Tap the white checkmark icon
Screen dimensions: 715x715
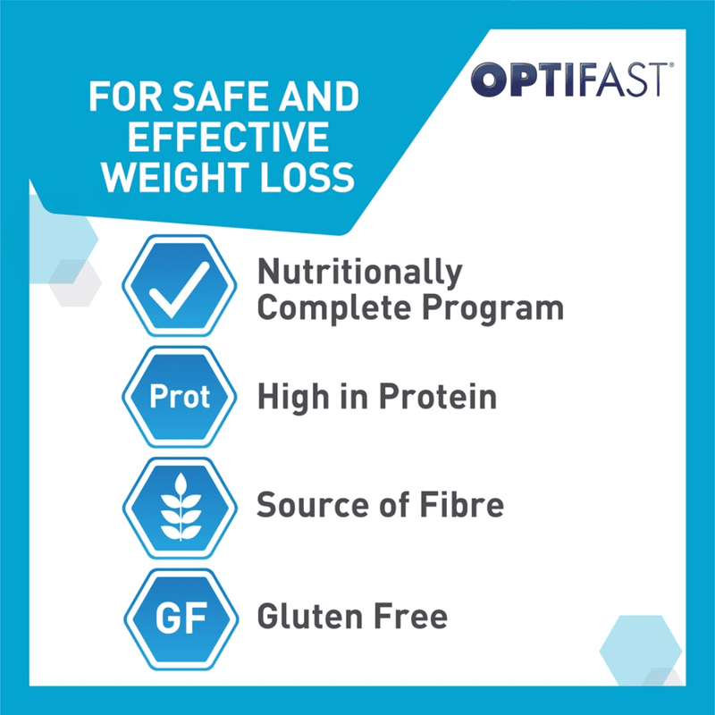click(x=179, y=290)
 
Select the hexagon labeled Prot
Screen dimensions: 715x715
click(x=179, y=397)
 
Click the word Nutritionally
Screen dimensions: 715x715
click(x=359, y=273)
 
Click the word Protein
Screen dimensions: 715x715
click(x=441, y=397)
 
